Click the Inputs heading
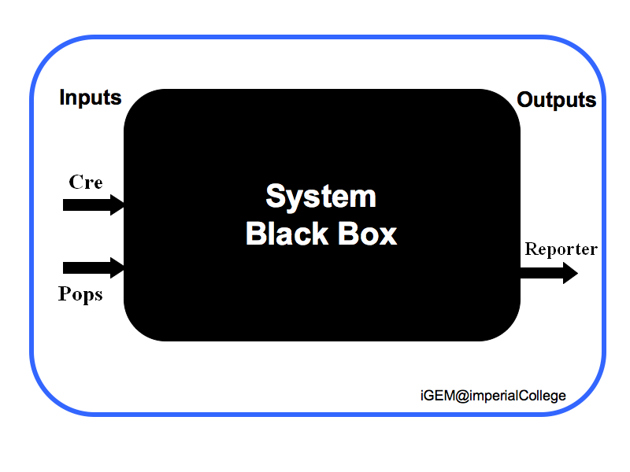[91, 98]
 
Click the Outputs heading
[556, 101]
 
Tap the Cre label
[86, 182]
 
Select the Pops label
[80, 295]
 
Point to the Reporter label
[561, 249]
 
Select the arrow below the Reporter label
[548, 273]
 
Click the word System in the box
[321, 197]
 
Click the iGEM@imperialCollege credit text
[493, 396]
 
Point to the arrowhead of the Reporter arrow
[569, 273]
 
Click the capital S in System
[275, 197]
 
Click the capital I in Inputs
[62, 98]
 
